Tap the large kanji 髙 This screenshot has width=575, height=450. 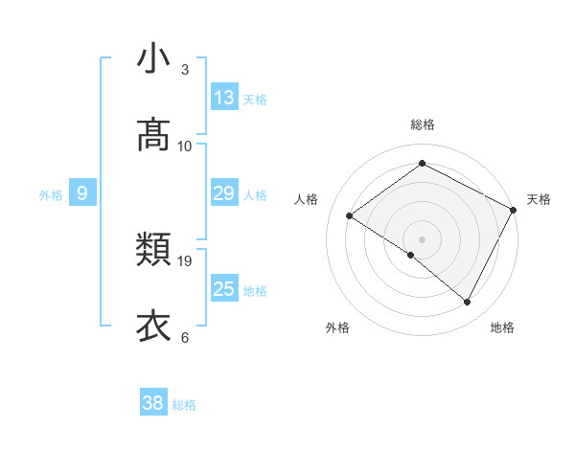(x=153, y=136)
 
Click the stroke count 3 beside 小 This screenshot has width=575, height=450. (x=185, y=70)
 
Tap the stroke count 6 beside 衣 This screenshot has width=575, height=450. (x=185, y=337)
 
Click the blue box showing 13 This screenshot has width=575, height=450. (x=224, y=98)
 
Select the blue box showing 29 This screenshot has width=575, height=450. (x=224, y=193)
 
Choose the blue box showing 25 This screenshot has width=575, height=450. (x=224, y=289)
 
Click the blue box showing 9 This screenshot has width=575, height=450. (x=82, y=194)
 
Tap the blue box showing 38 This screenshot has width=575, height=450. (x=153, y=403)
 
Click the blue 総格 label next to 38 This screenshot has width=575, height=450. (x=184, y=405)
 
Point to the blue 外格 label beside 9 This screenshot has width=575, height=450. (x=51, y=195)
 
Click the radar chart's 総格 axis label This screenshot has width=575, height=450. (x=423, y=124)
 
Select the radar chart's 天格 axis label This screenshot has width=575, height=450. (x=539, y=199)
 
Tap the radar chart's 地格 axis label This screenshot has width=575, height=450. (x=502, y=327)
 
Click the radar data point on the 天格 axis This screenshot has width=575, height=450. (x=514, y=211)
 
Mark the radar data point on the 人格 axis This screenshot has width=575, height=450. (x=350, y=216)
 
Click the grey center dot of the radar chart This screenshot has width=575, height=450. (x=423, y=238)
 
